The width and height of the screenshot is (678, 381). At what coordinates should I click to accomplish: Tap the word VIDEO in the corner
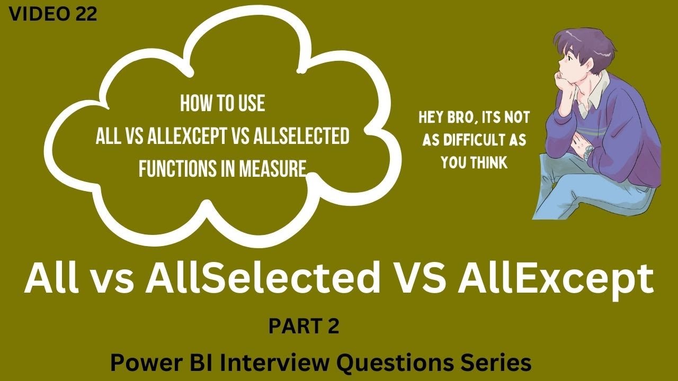click(x=40, y=15)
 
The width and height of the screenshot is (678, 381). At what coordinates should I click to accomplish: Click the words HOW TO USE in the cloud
click(x=222, y=104)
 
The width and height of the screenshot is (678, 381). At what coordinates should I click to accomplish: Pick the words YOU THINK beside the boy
click(x=474, y=163)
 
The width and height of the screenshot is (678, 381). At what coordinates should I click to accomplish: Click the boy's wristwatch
click(x=588, y=153)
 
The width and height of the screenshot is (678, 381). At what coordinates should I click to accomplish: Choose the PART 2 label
click(x=304, y=326)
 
